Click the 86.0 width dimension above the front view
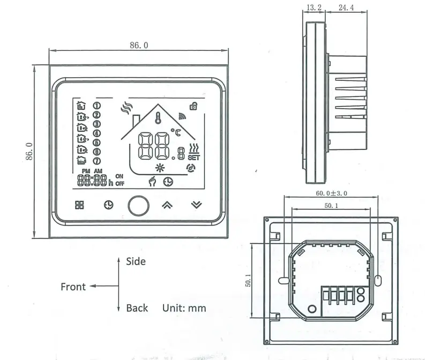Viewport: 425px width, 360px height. point(138,46)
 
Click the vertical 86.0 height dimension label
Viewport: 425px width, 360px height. point(30,151)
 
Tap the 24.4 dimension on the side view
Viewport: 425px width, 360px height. point(345,7)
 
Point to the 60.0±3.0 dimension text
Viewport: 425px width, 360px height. point(331,193)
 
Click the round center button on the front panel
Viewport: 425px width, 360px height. point(138,205)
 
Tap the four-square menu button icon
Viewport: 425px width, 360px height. point(79,205)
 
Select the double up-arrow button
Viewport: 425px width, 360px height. point(167,205)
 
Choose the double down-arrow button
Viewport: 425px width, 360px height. point(197,205)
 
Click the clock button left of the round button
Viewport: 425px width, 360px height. point(109,205)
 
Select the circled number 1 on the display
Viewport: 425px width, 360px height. point(98,106)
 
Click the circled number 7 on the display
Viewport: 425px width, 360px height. point(98,160)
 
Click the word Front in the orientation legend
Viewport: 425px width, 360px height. point(73,287)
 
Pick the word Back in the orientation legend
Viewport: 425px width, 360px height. point(137,308)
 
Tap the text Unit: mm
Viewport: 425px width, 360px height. point(184,308)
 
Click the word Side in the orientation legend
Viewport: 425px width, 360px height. point(136,261)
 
